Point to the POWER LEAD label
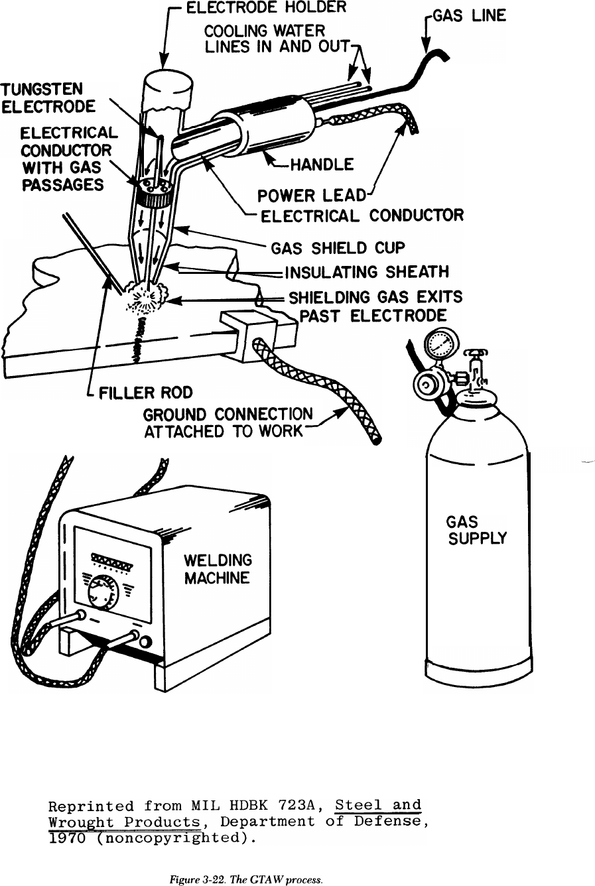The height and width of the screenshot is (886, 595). (311, 196)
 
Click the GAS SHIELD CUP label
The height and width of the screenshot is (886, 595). (338, 248)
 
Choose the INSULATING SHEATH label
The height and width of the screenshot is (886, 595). (367, 272)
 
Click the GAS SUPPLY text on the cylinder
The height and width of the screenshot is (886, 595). (476, 530)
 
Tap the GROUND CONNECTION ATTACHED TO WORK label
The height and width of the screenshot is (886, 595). (228, 422)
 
